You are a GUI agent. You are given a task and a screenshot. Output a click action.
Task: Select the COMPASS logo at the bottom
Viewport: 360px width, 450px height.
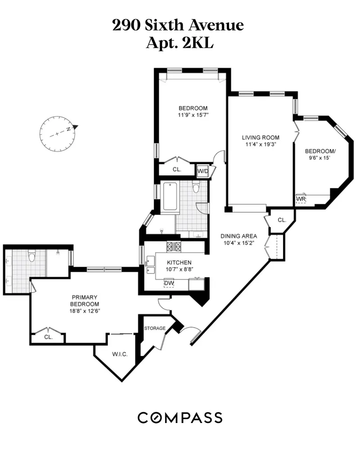click(x=180, y=417)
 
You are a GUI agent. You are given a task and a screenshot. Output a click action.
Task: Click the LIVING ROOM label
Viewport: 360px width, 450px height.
click(x=261, y=138)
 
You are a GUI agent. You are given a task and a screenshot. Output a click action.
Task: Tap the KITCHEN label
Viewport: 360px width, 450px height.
click(x=179, y=263)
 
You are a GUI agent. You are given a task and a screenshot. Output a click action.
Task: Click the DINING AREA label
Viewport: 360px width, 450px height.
click(x=238, y=236)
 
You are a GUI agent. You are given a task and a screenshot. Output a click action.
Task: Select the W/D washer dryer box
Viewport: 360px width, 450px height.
click(x=202, y=171)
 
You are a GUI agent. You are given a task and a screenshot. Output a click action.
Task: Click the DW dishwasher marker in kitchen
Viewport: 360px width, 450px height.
click(x=169, y=283)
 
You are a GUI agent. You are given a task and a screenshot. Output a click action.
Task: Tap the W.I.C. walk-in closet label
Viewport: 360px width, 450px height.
click(x=120, y=354)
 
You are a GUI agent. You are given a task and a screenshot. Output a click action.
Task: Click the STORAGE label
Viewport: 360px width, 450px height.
click(x=155, y=328)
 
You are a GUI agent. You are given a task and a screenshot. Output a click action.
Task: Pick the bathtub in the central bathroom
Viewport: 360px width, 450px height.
click(x=170, y=196)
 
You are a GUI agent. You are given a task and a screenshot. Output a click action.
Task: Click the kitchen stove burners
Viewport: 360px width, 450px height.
click(x=174, y=246)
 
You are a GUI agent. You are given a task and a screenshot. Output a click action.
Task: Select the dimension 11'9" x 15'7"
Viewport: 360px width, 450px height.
click(x=193, y=115)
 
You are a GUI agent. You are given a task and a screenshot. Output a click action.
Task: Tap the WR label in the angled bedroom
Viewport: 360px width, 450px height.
click(x=300, y=198)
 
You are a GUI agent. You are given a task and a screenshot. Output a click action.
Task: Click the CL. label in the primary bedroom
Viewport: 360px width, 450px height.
click(x=48, y=336)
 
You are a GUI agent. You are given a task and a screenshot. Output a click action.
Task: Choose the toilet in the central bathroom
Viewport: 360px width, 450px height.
click(x=196, y=188)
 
